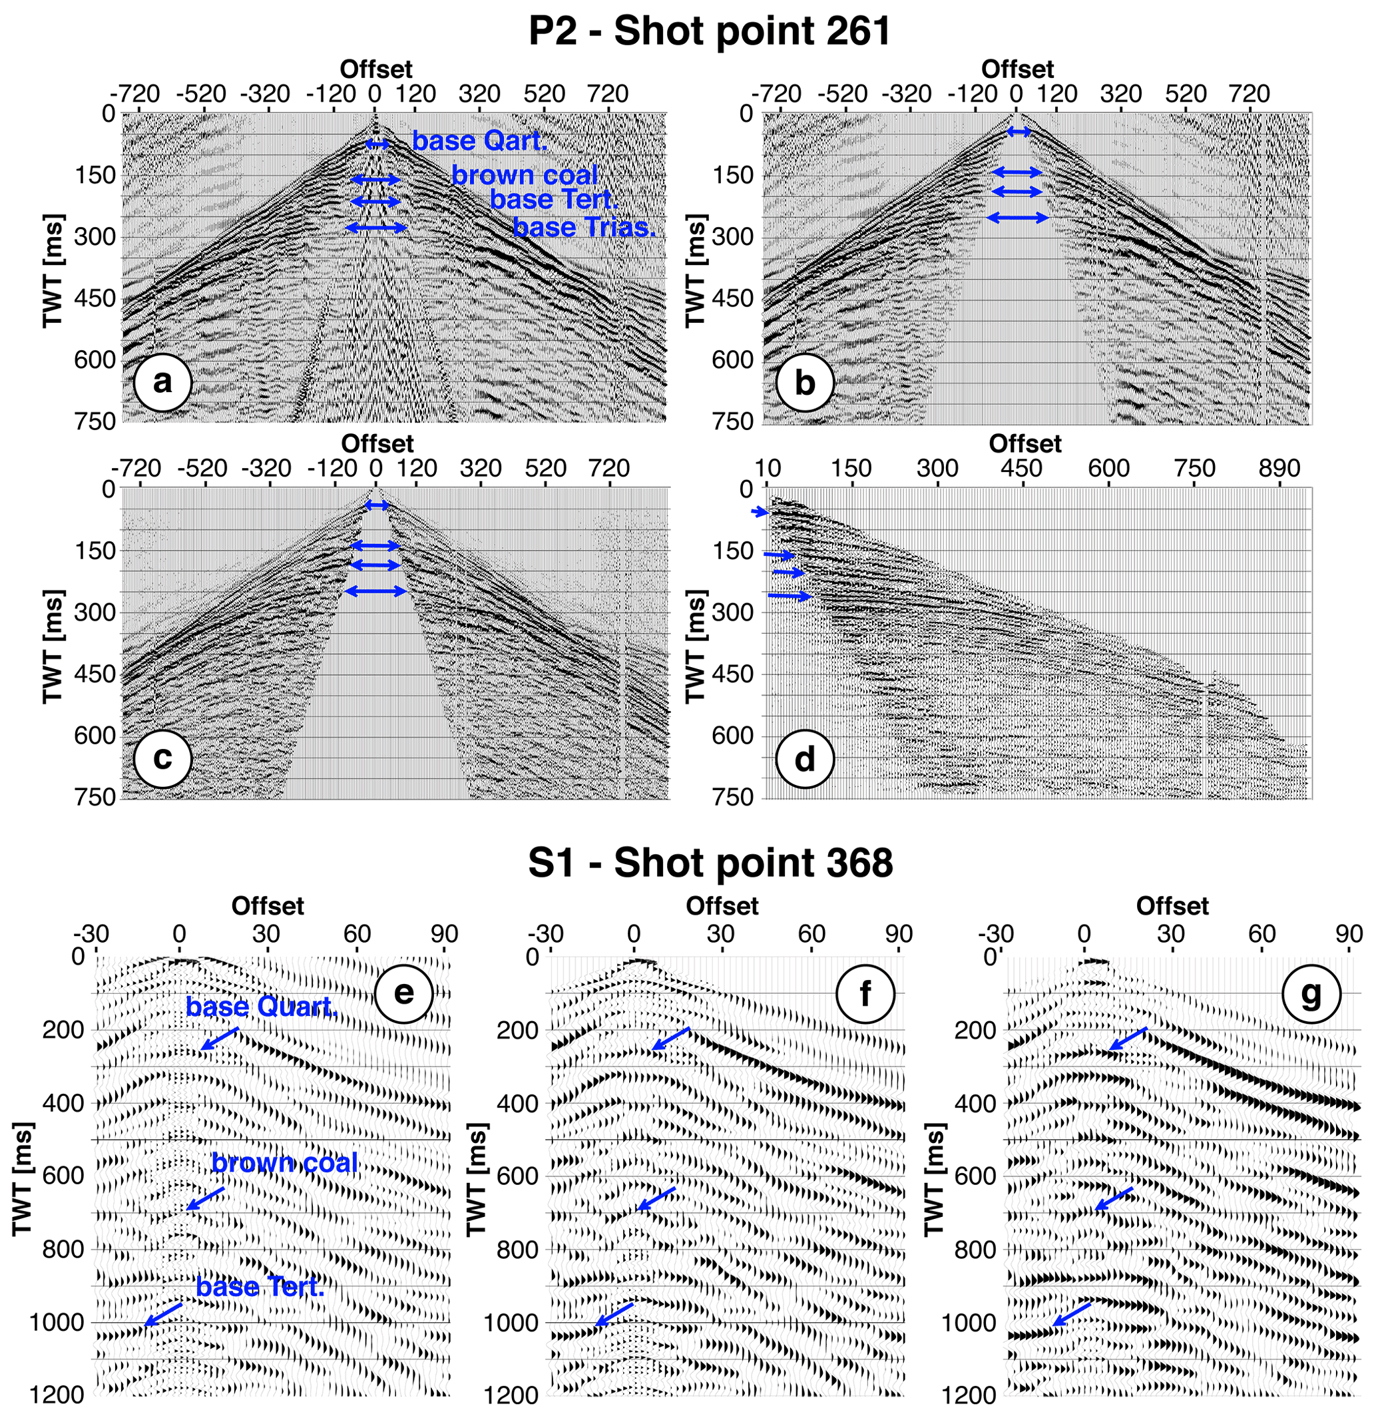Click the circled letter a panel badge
tap(162, 382)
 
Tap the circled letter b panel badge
tap(804, 382)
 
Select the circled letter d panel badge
tap(804, 759)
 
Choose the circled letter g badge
tap(1310, 994)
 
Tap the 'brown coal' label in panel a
tap(525, 174)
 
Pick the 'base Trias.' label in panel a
tap(584, 227)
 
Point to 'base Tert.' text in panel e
tap(260, 1287)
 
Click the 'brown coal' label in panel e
tap(285, 1162)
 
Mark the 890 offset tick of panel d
tap(1279, 469)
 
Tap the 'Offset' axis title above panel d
tap(1025, 443)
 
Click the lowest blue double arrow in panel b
tap(1018, 217)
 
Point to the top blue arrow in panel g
tap(1128, 1038)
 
